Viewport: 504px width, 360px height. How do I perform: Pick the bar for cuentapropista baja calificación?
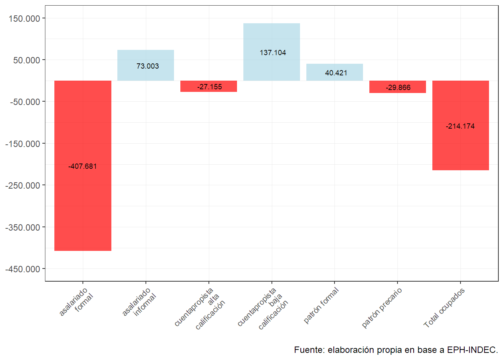(x=271, y=37)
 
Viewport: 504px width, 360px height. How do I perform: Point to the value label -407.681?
(x=82, y=166)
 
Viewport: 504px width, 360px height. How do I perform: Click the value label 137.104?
(x=273, y=52)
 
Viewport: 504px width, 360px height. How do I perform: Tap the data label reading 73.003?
(x=147, y=66)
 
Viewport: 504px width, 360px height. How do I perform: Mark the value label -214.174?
(x=460, y=126)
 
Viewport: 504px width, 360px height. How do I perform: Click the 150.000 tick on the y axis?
(x=24, y=18)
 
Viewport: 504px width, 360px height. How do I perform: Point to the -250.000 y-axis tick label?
(x=22, y=186)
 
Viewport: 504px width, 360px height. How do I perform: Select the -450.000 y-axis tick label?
(x=22, y=269)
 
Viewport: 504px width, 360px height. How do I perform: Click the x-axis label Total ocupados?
(x=444, y=307)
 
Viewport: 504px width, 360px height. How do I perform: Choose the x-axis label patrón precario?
(x=382, y=307)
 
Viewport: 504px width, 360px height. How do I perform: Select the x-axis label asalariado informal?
(x=139, y=302)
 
